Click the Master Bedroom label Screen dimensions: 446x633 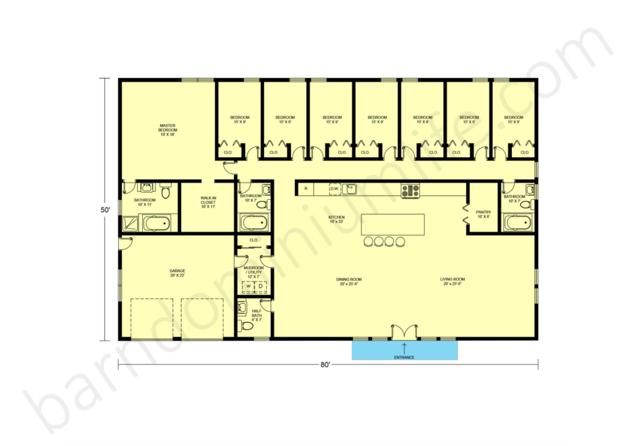point(168,130)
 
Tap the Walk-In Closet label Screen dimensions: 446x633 point(208,202)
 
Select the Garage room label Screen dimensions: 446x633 point(177,273)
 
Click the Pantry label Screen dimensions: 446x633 point(483,214)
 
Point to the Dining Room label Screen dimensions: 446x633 point(349,281)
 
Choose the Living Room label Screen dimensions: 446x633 point(452,281)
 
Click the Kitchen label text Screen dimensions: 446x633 point(336,220)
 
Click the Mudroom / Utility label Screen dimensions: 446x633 point(254,272)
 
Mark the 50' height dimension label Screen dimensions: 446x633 point(106,210)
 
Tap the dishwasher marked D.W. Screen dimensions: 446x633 point(334,189)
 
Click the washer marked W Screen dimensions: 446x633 point(249,286)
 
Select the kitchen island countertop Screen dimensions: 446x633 point(393,224)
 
